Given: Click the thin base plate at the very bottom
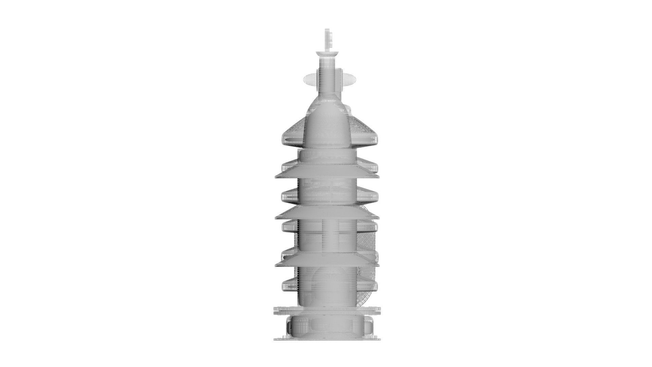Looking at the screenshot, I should tap(327, 339).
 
